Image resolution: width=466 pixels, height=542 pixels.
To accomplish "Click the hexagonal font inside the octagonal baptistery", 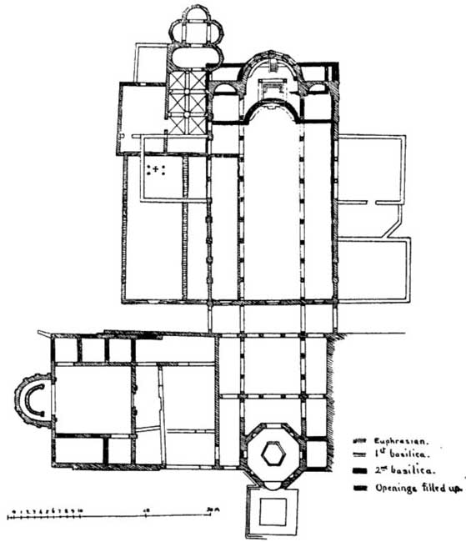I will [x=273, y=453].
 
